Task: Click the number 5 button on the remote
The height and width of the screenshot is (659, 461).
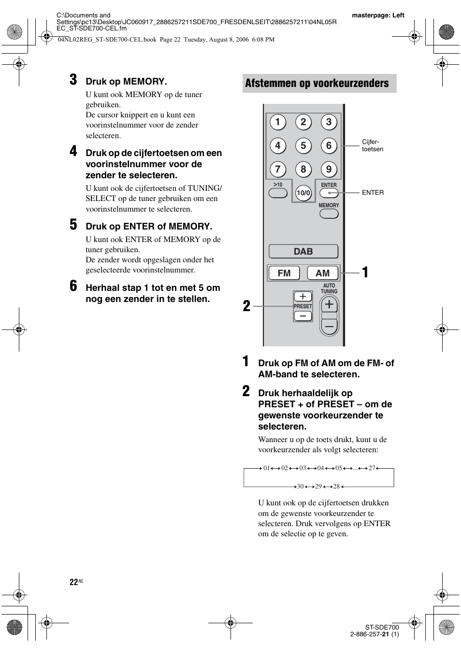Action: pos(303,145)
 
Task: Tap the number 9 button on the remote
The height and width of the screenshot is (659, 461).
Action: pos(329,169)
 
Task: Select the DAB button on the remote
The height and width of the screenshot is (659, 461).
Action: pos(303,251)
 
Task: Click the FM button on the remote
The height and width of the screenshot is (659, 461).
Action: pos(284,273)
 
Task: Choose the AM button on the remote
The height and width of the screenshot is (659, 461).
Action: pos(323,273)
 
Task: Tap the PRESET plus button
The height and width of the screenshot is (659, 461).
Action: pos(303,297)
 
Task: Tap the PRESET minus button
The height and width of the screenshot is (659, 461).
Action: pos(303,316)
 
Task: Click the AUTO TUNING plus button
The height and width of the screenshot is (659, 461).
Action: pos(329,304)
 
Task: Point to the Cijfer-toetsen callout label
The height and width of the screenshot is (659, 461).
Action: pos(372,145)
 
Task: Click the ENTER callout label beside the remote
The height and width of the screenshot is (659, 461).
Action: pos(373,192)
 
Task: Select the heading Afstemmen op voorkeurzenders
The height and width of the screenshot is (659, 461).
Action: pos(317,83)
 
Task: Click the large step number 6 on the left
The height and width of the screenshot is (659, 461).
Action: pos(73,286)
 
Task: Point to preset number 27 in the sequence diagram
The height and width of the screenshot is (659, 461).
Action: pos(372,468)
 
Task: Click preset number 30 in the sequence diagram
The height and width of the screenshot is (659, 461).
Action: pos(300,486)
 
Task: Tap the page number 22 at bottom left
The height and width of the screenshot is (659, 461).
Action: pos(73,582)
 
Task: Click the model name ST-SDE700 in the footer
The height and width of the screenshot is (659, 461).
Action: pos(382,627)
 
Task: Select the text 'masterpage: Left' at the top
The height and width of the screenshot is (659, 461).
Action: pos(378,15)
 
